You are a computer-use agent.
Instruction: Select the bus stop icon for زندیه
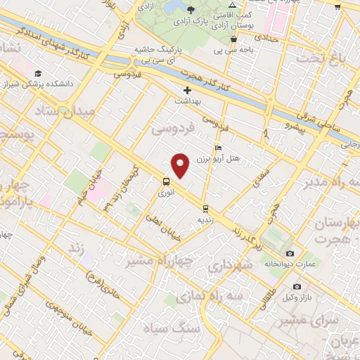(x=205, y=208)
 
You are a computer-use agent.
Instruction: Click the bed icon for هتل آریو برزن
(x=218, y=148)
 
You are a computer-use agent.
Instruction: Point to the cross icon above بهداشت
(x=187, y=91)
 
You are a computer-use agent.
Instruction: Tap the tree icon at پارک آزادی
(x=192, y=9)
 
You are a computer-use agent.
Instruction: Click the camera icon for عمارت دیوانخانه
(x=290, y=253)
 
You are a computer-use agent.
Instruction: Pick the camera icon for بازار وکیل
(x=297, y=287)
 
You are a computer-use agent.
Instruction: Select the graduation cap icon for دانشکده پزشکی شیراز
(x=37, y=73)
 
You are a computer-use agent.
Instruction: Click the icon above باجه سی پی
(x=233, y=39)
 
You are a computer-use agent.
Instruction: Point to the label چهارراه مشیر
(x=150, y=262)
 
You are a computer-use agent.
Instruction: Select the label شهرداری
(x=229, y=266)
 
